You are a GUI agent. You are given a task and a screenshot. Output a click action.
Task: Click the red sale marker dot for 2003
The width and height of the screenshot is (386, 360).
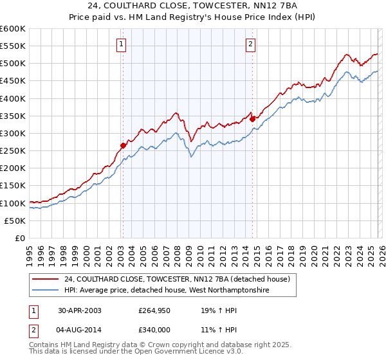click(x=123, y=145)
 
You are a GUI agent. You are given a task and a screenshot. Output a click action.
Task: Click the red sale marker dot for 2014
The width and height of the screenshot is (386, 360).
click(x=252, y=119)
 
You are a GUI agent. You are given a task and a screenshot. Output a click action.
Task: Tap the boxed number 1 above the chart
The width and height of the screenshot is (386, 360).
click(x=122, y=44)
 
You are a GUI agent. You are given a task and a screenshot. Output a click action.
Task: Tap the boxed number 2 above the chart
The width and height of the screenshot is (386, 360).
click(x=250, y=44)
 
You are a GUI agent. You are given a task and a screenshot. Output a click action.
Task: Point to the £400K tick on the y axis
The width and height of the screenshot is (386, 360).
click(x=13, y=98)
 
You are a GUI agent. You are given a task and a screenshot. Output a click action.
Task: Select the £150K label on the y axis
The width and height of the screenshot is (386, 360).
click(x=13, y=186)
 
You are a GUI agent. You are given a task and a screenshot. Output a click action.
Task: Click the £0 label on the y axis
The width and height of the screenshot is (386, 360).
click(x=20, y=239)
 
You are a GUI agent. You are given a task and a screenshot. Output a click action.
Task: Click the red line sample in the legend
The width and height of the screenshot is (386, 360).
click(x=45, y=280)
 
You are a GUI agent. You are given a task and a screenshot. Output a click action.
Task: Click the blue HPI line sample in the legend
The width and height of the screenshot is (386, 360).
click(x=45, y=291)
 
